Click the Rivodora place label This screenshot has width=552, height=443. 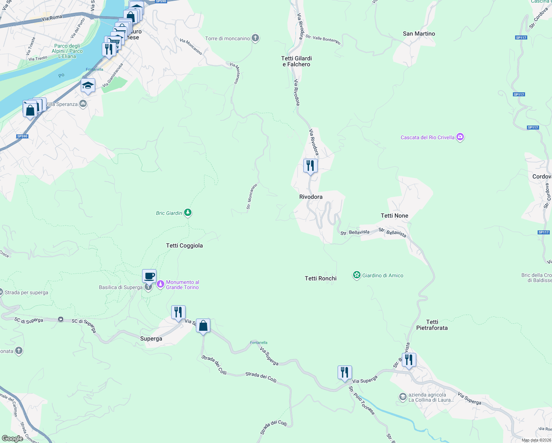[x=311, y=197]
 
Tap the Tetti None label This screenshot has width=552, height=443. [x=394, y=216]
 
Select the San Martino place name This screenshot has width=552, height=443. [x=419, y=34]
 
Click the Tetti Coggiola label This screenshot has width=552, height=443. [x=184, y=245]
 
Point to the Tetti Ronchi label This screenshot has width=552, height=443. [x=321, y=278]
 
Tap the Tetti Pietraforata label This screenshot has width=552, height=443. [x=432, y=325]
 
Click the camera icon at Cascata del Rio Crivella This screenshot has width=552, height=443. [x=460, y=137]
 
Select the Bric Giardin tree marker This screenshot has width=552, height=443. [x=188, y=213]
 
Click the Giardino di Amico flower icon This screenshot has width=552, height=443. [x=356, y=275]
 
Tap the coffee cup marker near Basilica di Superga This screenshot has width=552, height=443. [x=149, y=276]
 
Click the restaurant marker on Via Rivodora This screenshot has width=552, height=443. [x=310, y=166]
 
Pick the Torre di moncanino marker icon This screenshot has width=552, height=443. [x=255, y=38]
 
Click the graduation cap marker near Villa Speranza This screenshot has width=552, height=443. [x=88, y=86]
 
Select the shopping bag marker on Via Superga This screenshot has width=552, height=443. [x=203, y=326]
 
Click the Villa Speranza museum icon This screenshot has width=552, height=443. [x=83, y=104]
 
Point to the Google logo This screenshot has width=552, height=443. [x=12, y=439]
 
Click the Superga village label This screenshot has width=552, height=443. [x=151, y=339]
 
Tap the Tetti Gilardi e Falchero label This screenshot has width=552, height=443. [x=297, y=61]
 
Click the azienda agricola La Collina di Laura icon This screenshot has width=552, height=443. [x=403, y=397]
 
